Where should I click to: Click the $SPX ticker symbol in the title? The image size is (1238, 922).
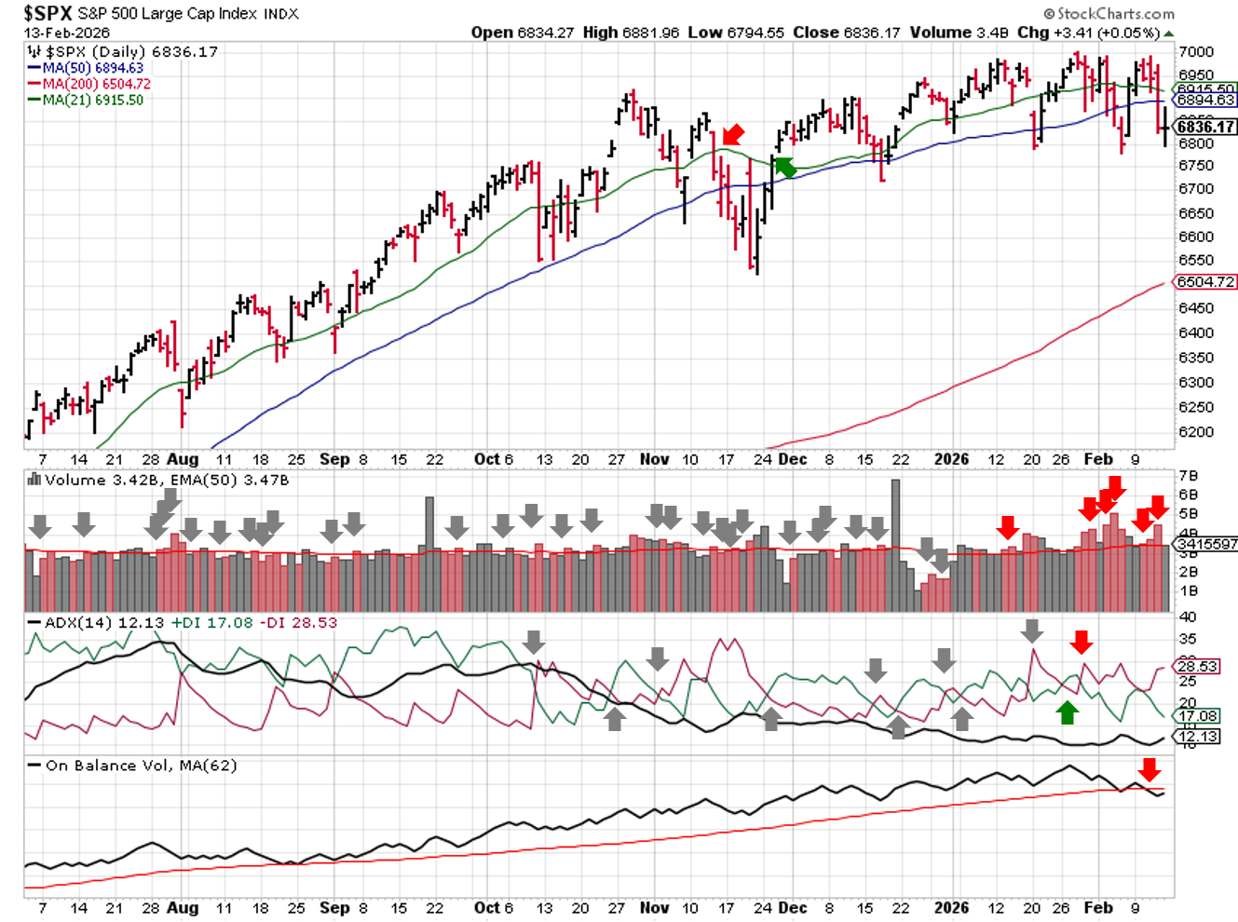pyautogui.click(x=48, y=13)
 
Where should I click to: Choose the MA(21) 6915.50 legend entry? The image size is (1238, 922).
pyautogui.click(x=92, y=100)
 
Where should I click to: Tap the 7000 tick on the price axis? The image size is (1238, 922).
pyautogui.click(x=1196, y=52)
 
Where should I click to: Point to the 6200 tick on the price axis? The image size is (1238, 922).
pyautogui.click(x=1196, y=432)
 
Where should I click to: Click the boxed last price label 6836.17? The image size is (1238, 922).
pyautogui.click(x=1205, y=127)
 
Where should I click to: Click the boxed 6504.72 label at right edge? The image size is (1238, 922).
pyautogui.click(x=1205, y=282)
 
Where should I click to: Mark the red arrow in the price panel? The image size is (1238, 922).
pyautogui.click(x=733, y=135)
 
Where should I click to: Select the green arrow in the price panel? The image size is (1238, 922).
pyautogui.click(x=784, y=167)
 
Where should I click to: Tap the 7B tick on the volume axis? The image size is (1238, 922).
pyautogui.click(x=1188, y=476)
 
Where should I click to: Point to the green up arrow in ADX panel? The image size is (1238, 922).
pyautogui.click(x=1068, y=712)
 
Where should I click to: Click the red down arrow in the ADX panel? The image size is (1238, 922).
pyautogui.click(x=1081, y=642)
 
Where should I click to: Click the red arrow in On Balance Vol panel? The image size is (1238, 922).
pyautogui.click(x=1150, y=769)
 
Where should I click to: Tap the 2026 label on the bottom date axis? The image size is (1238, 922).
pyautogui.click(x=951, y=907)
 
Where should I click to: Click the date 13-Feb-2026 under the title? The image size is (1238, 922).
pyautogui.click(x=67, y=32)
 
